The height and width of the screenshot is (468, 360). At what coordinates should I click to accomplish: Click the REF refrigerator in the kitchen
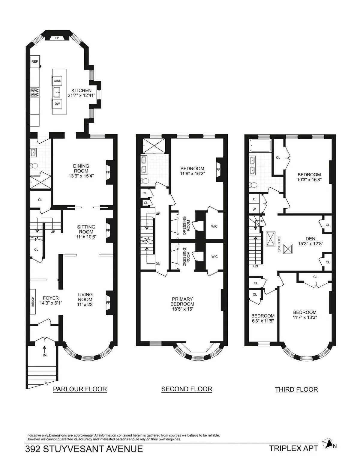pos(34,62)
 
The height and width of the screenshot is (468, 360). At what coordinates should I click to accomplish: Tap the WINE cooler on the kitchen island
pos(57,81)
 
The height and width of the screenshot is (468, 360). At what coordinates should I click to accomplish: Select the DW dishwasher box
pos(57,104)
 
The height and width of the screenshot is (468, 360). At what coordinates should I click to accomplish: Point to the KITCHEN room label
pos(81,90)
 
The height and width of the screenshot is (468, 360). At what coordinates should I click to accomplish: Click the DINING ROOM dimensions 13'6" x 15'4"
pos(81,176)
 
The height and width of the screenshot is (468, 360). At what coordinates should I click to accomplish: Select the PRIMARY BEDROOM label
pos(182,301)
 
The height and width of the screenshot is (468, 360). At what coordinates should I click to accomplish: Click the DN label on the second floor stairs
pos(158,264)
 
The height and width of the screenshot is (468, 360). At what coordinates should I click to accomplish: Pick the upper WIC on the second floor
pos(214,226)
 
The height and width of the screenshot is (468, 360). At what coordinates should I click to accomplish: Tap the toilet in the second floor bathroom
pos(145,181)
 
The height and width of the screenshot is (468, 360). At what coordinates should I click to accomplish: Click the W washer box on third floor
pos(254,209)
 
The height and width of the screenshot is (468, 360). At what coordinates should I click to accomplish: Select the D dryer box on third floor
pos(254,199)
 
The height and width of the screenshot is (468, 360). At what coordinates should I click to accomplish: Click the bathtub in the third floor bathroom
pos(260,146)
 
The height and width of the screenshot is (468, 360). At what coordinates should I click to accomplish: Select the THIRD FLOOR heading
pos(296,389)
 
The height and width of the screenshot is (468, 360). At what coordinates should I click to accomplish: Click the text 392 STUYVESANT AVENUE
pos(84,449)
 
